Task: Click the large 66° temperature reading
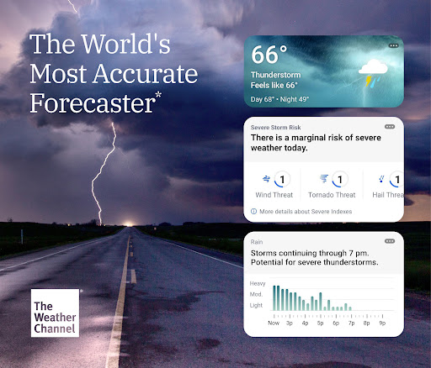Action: [270, 56]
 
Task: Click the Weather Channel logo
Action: [55, 313]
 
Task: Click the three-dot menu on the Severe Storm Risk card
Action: [390, 127]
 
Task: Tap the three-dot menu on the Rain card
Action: [390, 240]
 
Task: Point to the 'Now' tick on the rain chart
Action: [274, 323]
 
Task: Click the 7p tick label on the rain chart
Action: [351, 323]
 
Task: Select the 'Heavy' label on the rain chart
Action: [258, 283]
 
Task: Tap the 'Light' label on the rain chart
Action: [258, 305]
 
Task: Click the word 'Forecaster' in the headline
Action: [91, 103]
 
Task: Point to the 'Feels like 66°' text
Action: [274, 86]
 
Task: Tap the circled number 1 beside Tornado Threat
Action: [339, 179]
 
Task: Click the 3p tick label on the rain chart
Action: [290, 323]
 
